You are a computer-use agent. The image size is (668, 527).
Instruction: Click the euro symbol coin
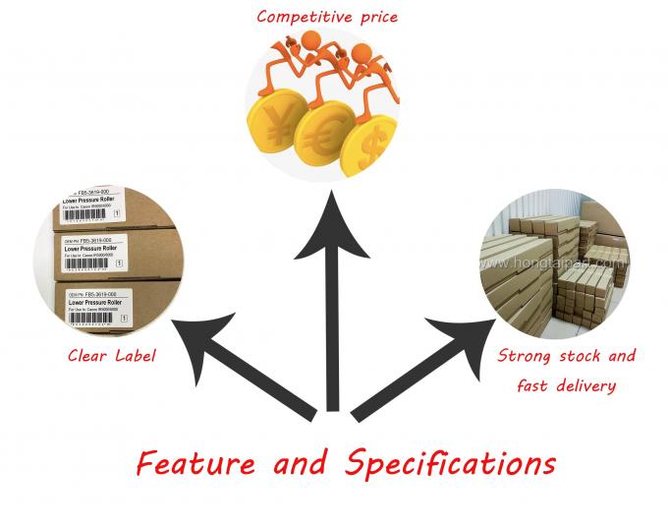(x=323, y=132)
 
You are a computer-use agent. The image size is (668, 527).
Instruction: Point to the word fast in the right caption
(x=534, y=385)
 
